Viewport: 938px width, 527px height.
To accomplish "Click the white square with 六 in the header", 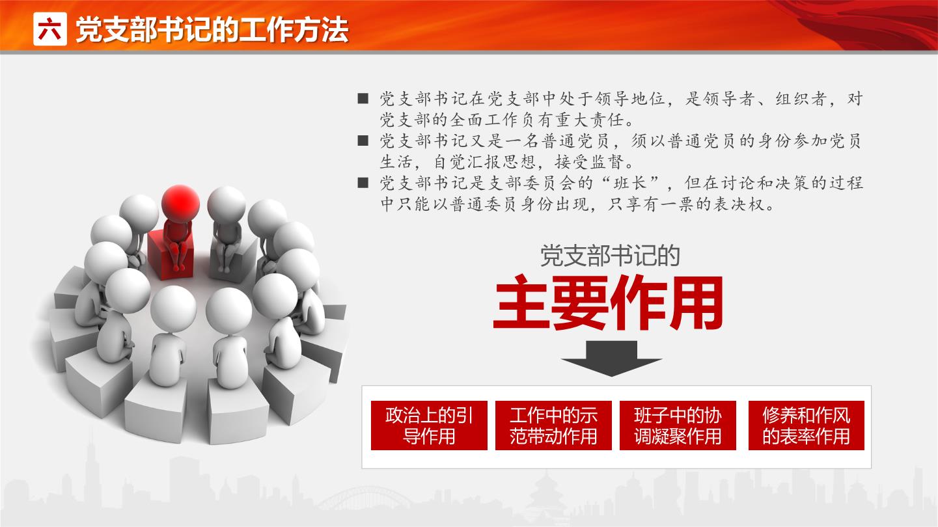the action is click(50, 29).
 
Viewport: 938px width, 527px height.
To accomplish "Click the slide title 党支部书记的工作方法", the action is click(212, 30).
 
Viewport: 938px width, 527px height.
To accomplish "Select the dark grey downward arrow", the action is click(611, 358).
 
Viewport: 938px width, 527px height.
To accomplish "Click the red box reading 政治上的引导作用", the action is click(429, 426).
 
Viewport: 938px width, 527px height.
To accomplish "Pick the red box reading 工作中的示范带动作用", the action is click(553, 426).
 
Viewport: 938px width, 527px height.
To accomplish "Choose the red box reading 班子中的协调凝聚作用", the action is click(678, 426).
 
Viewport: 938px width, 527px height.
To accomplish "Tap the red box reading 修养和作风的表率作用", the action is click(806, 426).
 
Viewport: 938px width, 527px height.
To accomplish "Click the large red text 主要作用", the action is click(609, 303).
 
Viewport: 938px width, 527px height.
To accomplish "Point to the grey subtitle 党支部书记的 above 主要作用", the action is click(610, 256).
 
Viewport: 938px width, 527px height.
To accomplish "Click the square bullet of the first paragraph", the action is click(363, 99).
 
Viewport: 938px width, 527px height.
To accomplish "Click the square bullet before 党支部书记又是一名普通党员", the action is click(363, 141).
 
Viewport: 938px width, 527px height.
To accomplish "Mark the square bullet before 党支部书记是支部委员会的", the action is click(363, 183).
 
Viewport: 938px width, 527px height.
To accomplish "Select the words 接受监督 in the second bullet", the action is click(590, 161).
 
